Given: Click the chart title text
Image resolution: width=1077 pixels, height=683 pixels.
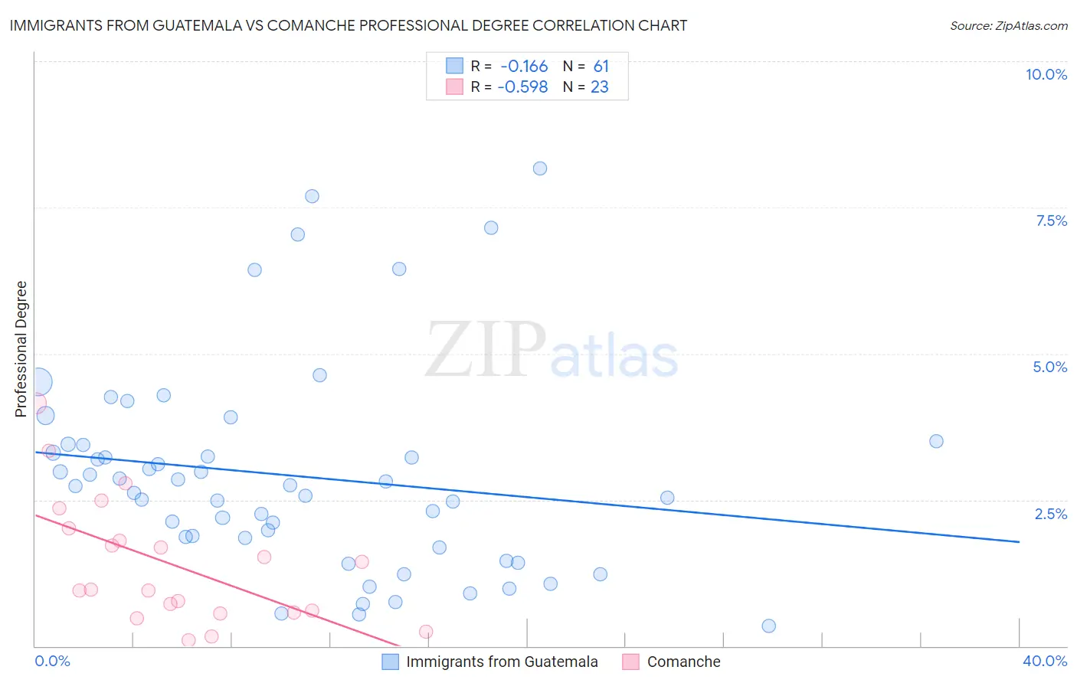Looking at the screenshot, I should [x=349, y=25].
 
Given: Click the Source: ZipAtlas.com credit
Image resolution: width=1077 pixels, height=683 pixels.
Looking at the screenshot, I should [x=1008, y=25].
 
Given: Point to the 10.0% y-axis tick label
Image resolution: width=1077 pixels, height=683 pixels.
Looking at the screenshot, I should [x=1046, y=74].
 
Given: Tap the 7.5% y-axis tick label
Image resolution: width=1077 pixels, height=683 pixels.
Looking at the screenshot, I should [x=1051, y=221].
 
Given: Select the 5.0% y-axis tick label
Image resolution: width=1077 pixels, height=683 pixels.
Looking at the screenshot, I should [x=1049, y=367].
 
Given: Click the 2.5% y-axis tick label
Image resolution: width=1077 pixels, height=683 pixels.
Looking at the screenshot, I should [x=1050, y=514].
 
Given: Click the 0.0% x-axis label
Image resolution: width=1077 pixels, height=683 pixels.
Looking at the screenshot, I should [x=52, y=661].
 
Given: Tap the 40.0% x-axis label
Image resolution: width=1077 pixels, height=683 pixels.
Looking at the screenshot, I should [x=1044, y=661].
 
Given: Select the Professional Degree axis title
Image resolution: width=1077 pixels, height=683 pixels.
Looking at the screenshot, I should [x=21, y=349].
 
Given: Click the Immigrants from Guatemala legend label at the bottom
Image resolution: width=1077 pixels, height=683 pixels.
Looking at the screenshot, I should [x=502, y=662].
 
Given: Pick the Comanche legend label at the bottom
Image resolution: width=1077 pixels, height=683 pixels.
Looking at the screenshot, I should [x=683, y=662].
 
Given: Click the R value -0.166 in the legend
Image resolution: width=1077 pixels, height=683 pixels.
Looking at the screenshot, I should [x=524, y=67].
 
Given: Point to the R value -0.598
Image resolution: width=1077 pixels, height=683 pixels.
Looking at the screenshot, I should [x=522, y=87].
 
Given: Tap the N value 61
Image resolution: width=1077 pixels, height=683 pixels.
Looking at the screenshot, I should [x=601, y=67].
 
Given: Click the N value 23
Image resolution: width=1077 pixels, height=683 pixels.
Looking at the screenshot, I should [x=599, y=87].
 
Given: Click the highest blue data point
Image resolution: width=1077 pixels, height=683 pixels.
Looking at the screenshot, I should [x=540, y=168].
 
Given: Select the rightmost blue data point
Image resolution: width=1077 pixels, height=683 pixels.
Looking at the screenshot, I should [x=936, y=441].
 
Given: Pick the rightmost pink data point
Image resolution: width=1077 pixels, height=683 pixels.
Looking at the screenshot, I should [x=426, y=632].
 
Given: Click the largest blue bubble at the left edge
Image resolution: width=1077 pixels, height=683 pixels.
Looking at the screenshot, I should [x=39, y=381].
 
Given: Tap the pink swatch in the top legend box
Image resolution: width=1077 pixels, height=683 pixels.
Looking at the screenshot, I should [x=455, y=87].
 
